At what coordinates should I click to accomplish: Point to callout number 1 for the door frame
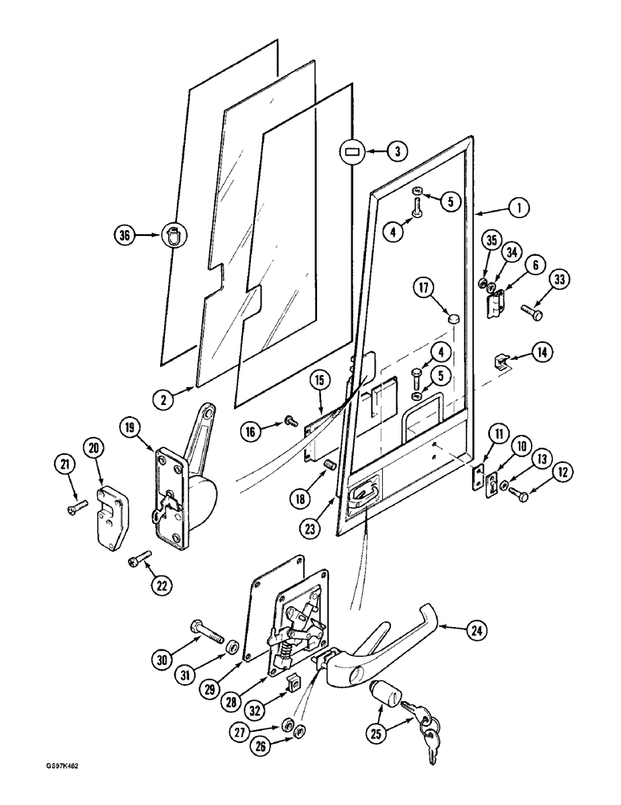[519, 208]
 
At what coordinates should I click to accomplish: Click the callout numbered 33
[559, 280]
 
